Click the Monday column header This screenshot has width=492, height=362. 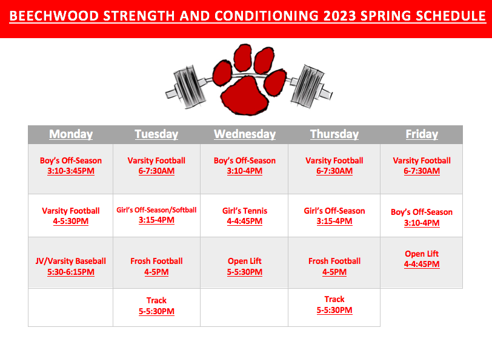click(x=71, y=134)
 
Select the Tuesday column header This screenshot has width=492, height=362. click(x=156, y=134)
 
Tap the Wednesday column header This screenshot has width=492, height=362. click(x=245, y=134)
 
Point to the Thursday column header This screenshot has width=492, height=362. click(x=334, y=134)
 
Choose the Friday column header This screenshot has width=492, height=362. click(x=422, y=134)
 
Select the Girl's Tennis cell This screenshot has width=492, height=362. click(x=245, y=216)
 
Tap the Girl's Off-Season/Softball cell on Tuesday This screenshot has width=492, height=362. click(x=156, y=215)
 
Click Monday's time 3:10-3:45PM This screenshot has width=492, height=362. click(x=71, y=171)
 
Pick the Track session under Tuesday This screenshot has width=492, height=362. click(x=156, y=306)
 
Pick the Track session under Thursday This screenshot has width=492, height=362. click(x=334, y=304)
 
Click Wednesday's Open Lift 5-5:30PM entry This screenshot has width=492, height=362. click(x=245, y=266)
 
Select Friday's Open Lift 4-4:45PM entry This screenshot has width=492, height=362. click(x=422, y=259)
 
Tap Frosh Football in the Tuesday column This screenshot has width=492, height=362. click(x=156, y=266)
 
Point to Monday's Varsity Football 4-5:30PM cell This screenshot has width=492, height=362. click(x=71, y=216)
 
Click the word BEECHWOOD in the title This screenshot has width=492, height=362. click(x=54, y=16)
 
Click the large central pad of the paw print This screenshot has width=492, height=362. click(x=244, y=96)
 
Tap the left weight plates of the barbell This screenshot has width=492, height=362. click(x=190, y=87)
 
